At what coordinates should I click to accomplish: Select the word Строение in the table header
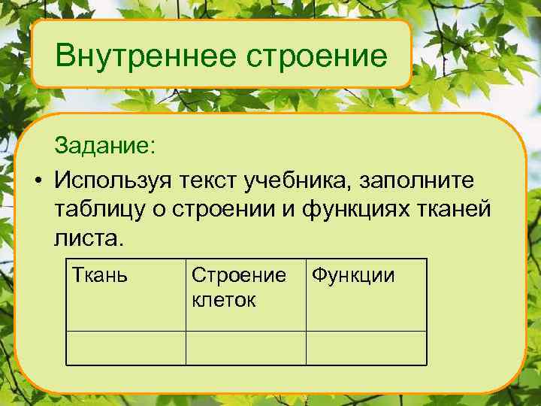tap(238, 276)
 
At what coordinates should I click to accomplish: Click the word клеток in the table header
tap(224, 299)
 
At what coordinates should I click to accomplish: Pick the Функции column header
tap(352, 276)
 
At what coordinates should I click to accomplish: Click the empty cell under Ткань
tap(126, 347)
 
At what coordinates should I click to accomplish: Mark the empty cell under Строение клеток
tap(246, 347)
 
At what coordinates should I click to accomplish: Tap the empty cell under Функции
tap(366, 347)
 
